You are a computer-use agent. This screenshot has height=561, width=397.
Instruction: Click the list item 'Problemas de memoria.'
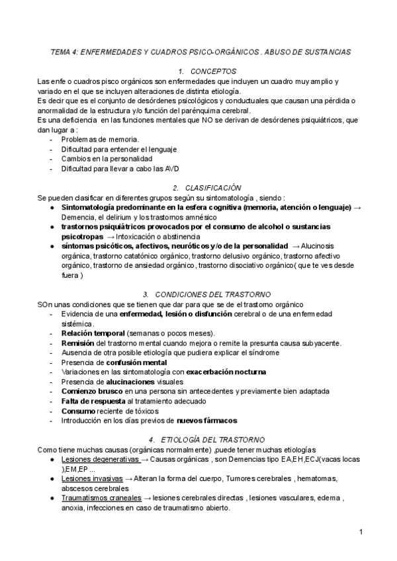[x=100, y=140]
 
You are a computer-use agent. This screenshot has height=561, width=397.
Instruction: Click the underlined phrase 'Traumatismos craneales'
[x=101, y=498]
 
